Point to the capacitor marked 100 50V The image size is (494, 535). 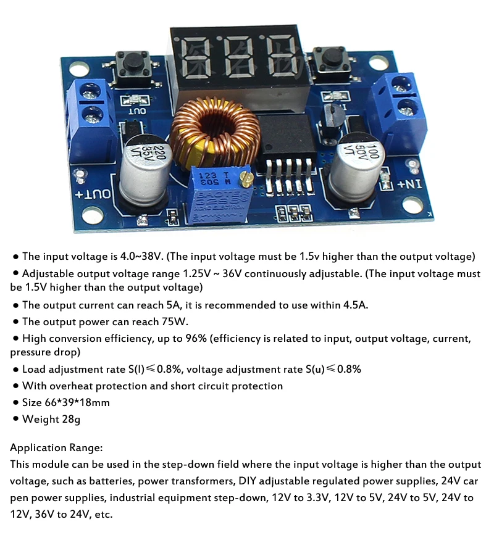point(358,167)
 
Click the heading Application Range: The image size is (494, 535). point(56,448)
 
